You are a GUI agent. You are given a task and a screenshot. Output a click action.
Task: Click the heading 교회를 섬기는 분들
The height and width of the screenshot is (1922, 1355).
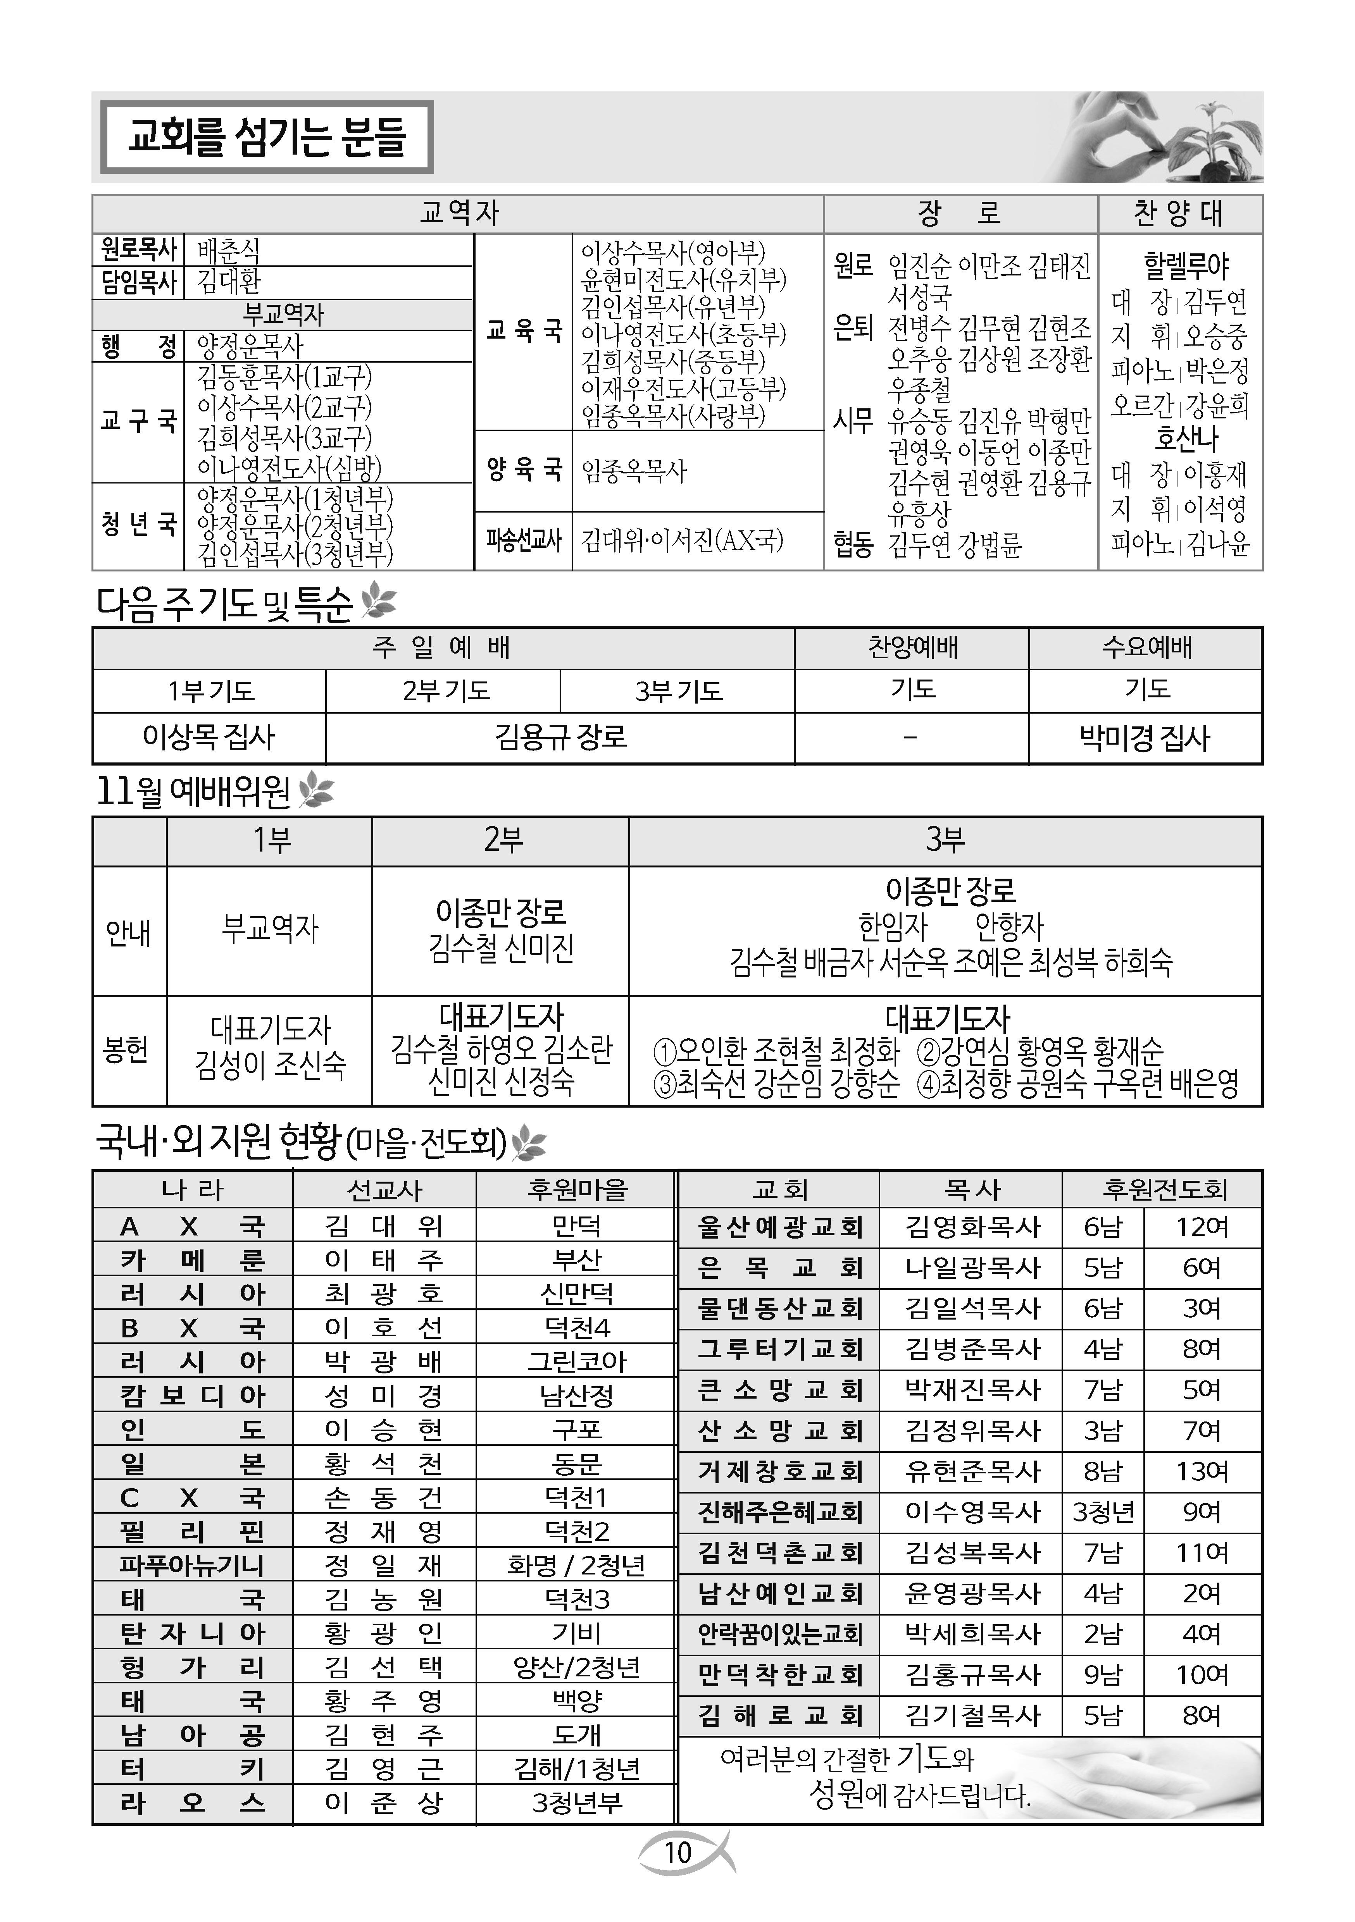click(266, 137)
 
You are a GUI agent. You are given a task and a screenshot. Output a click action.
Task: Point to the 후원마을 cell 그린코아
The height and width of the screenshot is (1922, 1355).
click(576, 1361)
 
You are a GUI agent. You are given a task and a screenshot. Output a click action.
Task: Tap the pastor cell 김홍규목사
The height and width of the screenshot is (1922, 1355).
click(971, 1674)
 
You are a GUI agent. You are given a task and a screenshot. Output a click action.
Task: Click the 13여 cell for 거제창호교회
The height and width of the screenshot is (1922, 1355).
click(1202, 1471)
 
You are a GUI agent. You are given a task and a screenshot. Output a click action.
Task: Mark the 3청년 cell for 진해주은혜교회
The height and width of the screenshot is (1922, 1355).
click(1103, 1512)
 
